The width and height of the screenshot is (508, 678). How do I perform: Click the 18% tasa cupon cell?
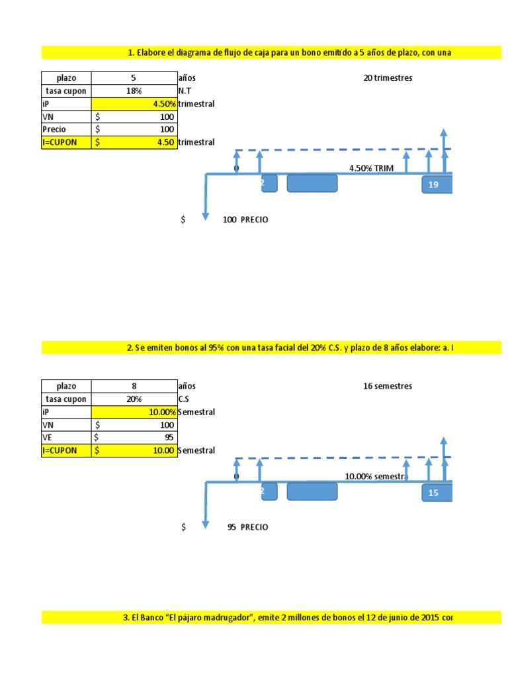coord(134,91)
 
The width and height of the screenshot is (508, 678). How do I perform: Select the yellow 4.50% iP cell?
coord(134,104)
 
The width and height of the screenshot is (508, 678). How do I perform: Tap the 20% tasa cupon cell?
coord(134,399)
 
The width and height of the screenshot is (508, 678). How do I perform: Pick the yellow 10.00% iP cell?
coord(134,412)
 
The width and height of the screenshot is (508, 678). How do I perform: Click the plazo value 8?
coord(134,386)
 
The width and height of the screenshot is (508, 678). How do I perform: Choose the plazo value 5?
coord(134,78)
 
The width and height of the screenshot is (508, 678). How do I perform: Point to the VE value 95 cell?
coord(134,438)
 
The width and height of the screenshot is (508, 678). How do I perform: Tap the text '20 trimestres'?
coord(388,78)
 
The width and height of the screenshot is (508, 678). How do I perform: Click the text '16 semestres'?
coord(388,386)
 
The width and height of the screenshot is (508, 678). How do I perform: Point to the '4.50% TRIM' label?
coord(371,168)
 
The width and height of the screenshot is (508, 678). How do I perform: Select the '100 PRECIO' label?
coord(245,219)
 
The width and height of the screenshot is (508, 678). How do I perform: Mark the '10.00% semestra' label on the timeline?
coord(375,477)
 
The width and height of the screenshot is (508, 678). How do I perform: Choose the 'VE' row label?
coord(47,438)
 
